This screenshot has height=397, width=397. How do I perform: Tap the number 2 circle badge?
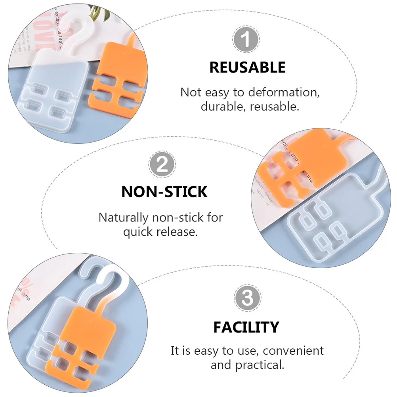coord(162,165)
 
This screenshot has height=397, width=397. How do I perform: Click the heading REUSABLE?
coord(247,67)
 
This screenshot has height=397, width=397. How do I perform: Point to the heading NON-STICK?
coord(164,192)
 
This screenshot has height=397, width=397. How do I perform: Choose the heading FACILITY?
coord(246,327)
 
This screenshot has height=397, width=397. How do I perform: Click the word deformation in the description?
coord(284,92)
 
